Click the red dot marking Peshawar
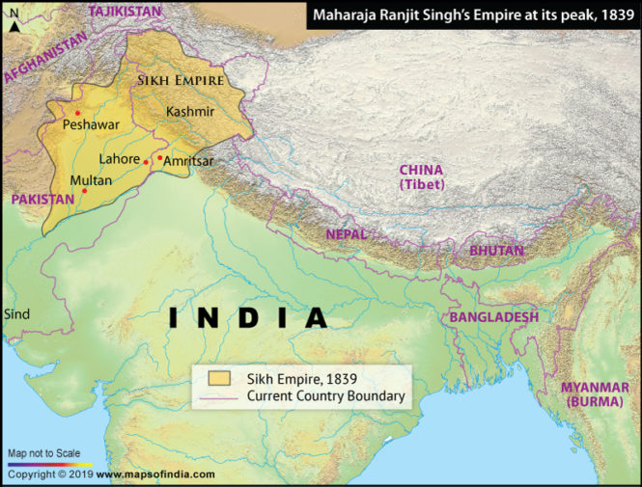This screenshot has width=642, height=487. point(77,113)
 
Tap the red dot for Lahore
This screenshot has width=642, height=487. point(146,162)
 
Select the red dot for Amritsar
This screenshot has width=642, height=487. point(159,156)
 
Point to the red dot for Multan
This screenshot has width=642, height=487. point(85,191)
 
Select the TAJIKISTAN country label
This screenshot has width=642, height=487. point(126,11)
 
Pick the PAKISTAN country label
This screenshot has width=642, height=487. point(42,200)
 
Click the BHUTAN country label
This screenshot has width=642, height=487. point(496,250)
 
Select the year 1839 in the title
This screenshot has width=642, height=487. point(612,15)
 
